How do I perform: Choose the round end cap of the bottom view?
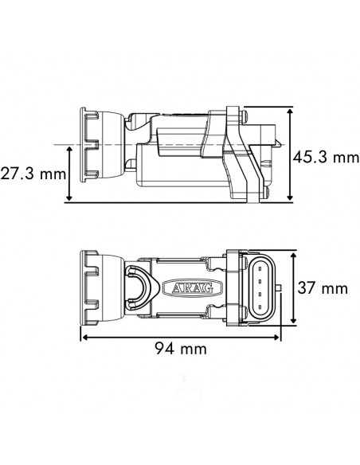click(x=91, y=288)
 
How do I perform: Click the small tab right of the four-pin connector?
click(x=277, y=289)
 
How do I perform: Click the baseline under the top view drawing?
click(x=175, y=202)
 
